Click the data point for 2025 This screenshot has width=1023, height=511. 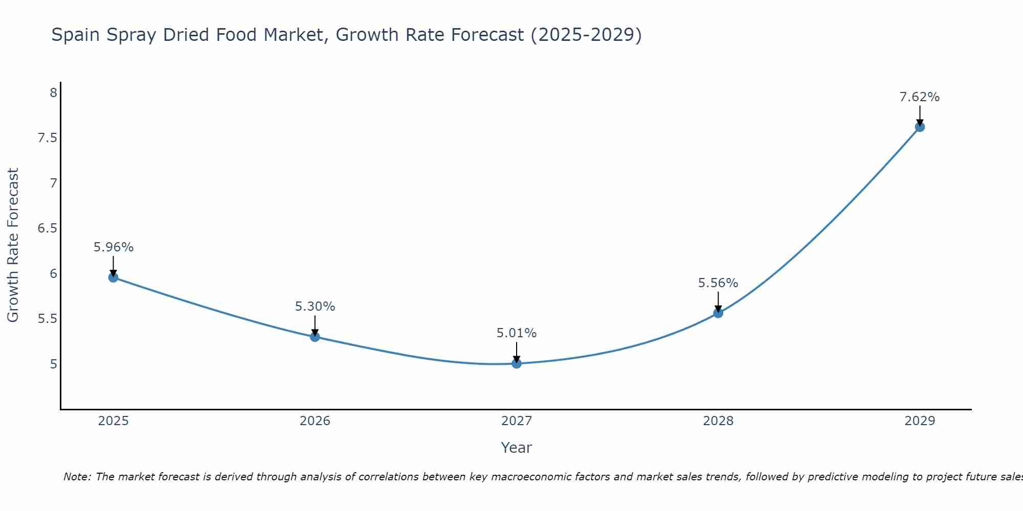(x=114, y=277)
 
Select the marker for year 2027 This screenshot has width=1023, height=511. (x=517, y=363)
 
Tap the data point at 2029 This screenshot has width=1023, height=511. (x=920, y=127)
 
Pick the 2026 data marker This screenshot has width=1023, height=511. (x=315, y=337)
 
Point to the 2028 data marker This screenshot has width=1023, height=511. (x=718, y=313)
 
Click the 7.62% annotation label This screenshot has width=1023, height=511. (x=920, y=97)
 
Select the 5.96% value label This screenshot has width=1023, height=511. (x=114, y=247)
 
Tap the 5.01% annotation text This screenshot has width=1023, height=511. (x=517, y=333)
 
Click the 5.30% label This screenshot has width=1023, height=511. (x=315, y=307)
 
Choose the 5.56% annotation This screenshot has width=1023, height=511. (x=718, y=283)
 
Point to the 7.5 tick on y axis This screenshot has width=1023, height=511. (x=47, y=138)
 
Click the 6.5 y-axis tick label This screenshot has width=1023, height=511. (x=47, y=228)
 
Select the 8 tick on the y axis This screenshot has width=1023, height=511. (x=53, y=93)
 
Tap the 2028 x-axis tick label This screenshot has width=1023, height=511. (x=718, y=421)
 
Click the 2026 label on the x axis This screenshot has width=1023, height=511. (x=315, y=421)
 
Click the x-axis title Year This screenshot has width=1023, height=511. (x=517, y=448)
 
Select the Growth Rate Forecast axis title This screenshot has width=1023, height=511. (x=13, y=245)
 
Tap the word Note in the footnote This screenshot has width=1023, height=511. (x=76, y=477)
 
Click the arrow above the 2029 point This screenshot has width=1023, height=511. (x=920, y=115)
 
